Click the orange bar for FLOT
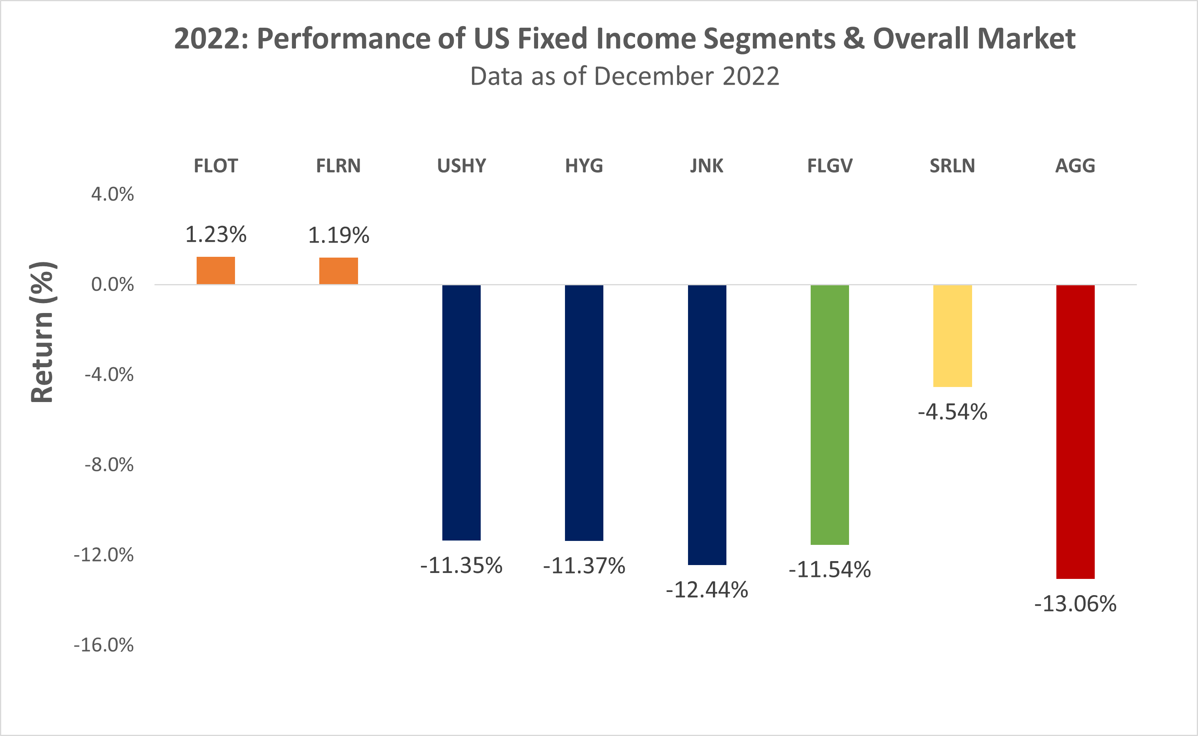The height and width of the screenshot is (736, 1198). (x=216, y=270)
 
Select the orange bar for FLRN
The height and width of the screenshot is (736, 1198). (x=338, y=271)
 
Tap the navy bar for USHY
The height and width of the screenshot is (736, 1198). (x=461, y=412)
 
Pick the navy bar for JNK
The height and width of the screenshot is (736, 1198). (x=707, y=425)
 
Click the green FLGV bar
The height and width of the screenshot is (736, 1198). (x=830, y=415)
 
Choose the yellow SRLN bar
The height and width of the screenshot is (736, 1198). (x=952, y=336)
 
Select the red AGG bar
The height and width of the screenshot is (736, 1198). (x=1075, y=432)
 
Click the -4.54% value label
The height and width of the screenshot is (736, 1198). (x=952, y=412)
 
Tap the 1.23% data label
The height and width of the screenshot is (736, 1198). (x=216, y=235)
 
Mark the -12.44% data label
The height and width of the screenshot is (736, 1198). (x=707, y=590)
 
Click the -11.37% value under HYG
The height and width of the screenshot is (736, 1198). (x=584, y=565)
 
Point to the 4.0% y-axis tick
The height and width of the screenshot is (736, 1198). (x=112, y=194)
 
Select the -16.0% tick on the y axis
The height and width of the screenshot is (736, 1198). (x=104, y=645)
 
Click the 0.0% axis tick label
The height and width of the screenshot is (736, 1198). (x=112, y=284)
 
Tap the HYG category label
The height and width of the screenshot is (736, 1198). (x=584, y=166)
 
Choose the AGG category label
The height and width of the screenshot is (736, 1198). (x=1075, y=166)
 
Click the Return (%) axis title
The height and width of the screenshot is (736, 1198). (x=42, y=332)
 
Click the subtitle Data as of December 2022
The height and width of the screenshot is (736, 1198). (x=624, y=76)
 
